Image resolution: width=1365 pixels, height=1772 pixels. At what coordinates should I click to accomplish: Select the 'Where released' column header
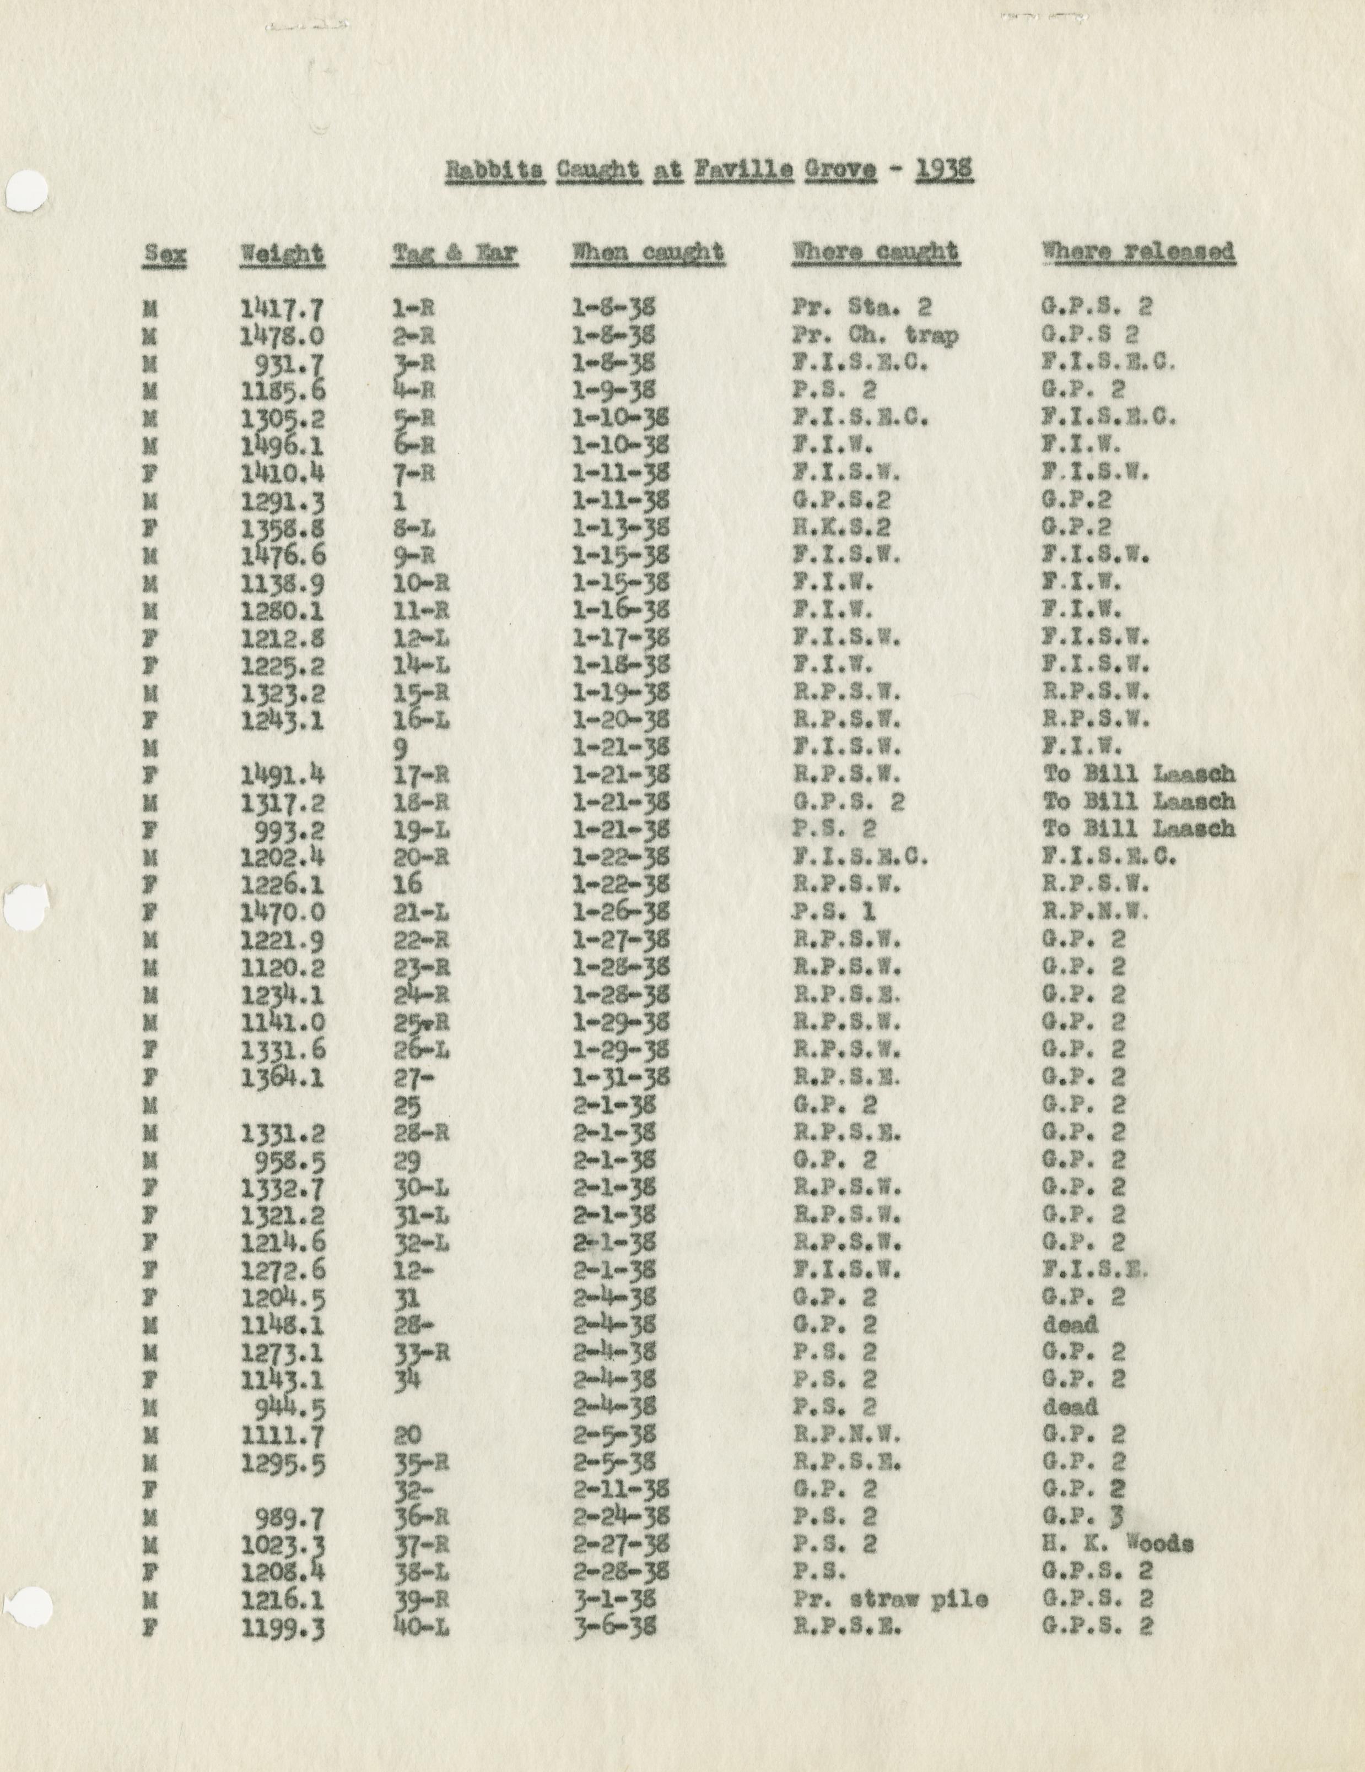(1139, 252)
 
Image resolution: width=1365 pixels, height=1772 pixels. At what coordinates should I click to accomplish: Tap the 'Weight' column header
(282, 254)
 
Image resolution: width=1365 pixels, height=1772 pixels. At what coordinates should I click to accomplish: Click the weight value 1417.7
(282, 308)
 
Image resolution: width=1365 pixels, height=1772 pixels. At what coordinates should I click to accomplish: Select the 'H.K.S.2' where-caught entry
(841, 527)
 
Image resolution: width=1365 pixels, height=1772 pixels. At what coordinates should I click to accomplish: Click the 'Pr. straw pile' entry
(889, 1600)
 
